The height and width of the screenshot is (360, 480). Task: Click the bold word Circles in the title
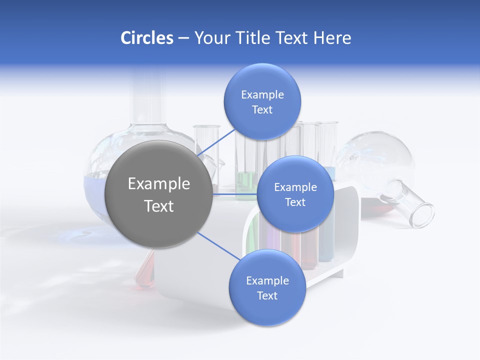146,38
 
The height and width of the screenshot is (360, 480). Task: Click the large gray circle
159,194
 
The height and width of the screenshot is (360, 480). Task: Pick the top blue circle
262,102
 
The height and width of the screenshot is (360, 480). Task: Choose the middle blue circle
295,194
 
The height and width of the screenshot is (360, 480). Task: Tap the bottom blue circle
267,288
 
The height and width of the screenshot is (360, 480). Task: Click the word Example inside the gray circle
159,184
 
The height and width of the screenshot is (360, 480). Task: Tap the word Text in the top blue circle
262,110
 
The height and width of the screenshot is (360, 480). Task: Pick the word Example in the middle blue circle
295,187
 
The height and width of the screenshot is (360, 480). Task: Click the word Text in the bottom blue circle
267,295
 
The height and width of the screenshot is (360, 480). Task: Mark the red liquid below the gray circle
145,272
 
